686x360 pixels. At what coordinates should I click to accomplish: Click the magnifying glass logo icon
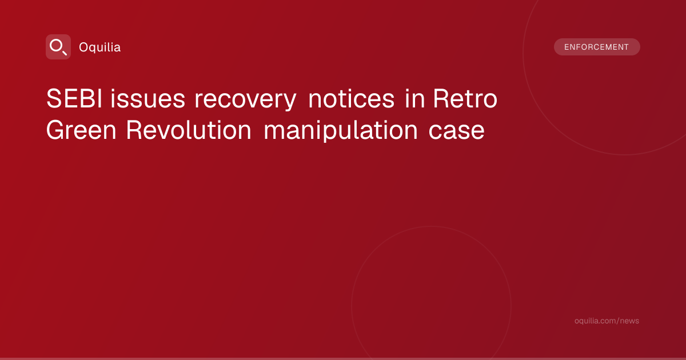(x=58, y=47)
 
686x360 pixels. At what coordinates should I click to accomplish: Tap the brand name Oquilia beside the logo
(x=100, y=47)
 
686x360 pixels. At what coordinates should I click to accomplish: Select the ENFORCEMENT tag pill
(x=597, y=47)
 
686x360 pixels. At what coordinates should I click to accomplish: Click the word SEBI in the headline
(x=74, y=98)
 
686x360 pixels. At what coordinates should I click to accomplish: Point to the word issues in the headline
(x=147, y=98)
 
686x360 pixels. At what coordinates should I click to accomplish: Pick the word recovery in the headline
(x=245, y=101)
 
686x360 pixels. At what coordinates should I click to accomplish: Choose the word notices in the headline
(x=351, y=98)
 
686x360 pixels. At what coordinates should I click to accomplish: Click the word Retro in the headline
(x=465, y=98)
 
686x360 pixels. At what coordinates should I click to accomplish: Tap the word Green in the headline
(x=81, y=130)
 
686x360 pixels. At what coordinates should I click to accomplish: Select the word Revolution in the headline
(x=189, y=130)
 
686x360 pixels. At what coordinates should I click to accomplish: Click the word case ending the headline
(x=456, y=131)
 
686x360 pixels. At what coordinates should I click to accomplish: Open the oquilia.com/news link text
(x=607, y=321)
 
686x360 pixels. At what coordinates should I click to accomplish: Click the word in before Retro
(x=415, y=98)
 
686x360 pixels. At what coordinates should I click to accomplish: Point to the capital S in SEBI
(x=54, y=98)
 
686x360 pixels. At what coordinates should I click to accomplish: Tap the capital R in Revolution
(x=134, y=130)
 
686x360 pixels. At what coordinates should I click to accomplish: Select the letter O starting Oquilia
(x=84, y=47)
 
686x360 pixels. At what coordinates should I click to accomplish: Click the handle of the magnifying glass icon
(x=65, y=53)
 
